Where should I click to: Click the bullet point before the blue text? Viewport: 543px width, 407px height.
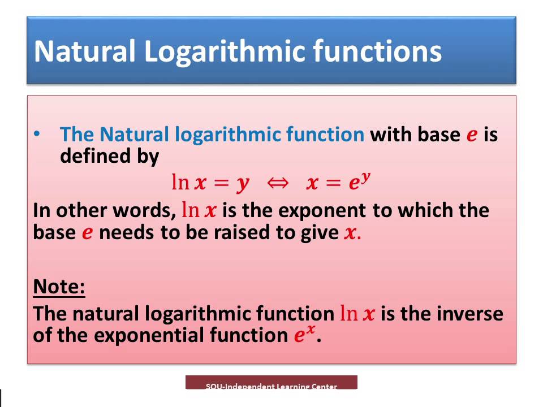(x=37, y=134)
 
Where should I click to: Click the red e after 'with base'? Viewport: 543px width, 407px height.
(x=472, y=135)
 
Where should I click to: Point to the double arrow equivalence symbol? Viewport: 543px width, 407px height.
(x=278, y=183)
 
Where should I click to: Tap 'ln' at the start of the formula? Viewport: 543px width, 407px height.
(x=180, y=182)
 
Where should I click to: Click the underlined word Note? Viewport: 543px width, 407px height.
(x=59, y=287)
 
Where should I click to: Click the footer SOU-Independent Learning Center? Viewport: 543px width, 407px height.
(x=271, y=386)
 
